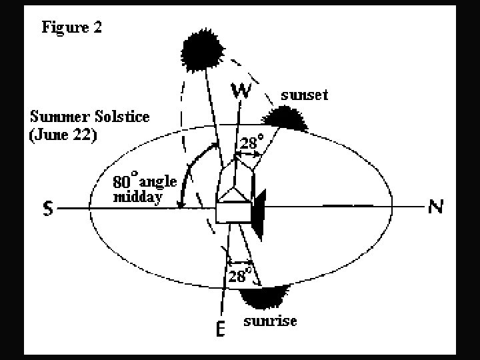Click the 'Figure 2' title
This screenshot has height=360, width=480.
[71, 27]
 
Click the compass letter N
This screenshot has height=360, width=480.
[435, 207]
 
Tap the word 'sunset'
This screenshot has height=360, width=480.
[304, 95]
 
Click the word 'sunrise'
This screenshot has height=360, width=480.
[270, 322]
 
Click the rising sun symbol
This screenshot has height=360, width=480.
[265, 294]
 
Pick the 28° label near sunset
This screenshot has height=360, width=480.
[252, 142]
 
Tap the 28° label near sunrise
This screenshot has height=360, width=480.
[240, 275]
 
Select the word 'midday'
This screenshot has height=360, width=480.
[137, 197]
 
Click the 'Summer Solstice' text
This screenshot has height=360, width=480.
[89, 116]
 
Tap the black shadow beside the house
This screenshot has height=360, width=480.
[259, 212]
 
